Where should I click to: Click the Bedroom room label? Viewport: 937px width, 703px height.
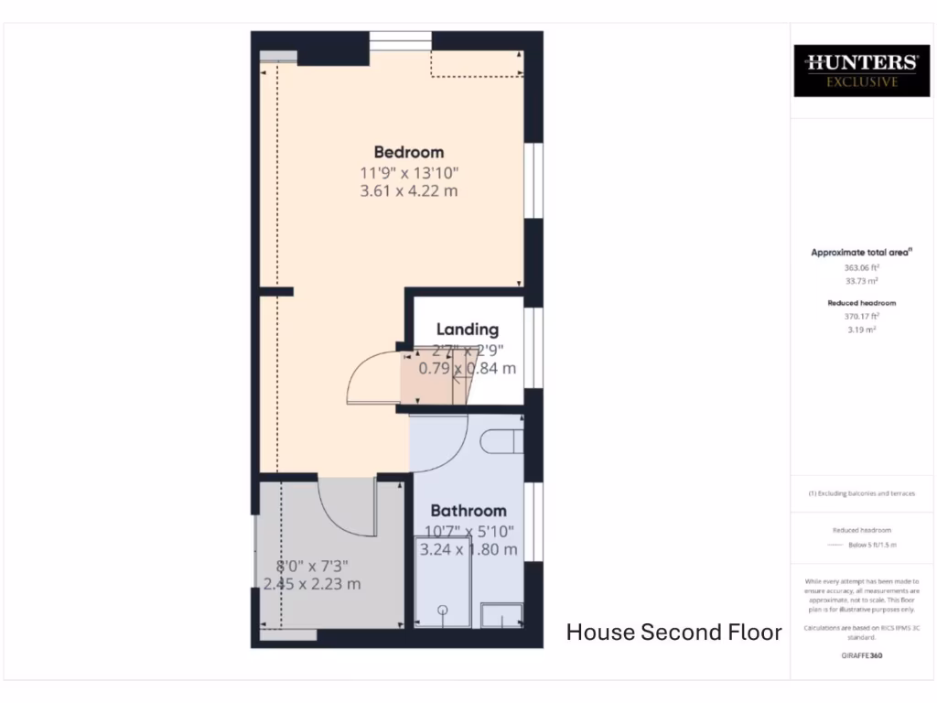point(408,152)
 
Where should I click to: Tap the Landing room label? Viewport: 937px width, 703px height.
point(467,330)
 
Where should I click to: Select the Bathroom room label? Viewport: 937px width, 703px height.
point(468,511)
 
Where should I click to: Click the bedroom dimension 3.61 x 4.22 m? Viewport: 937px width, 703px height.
point(408,191)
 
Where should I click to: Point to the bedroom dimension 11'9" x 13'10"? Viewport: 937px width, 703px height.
point(408,172)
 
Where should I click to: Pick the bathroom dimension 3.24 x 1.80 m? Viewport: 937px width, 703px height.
point(468,550)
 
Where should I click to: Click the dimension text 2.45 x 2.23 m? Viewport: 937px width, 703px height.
point(312,584)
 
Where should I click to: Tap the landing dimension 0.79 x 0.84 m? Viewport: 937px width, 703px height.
point(467,369)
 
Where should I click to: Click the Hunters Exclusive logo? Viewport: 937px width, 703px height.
point(860,70)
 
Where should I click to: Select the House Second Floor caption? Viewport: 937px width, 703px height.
point(673,633)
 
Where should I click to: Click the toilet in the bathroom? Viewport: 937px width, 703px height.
point(502,441)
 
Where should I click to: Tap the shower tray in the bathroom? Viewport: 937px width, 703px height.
point(443,596)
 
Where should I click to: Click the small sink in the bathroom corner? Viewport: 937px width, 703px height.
point(502,614)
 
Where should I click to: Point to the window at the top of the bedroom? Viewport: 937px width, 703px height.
point(400,40)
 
